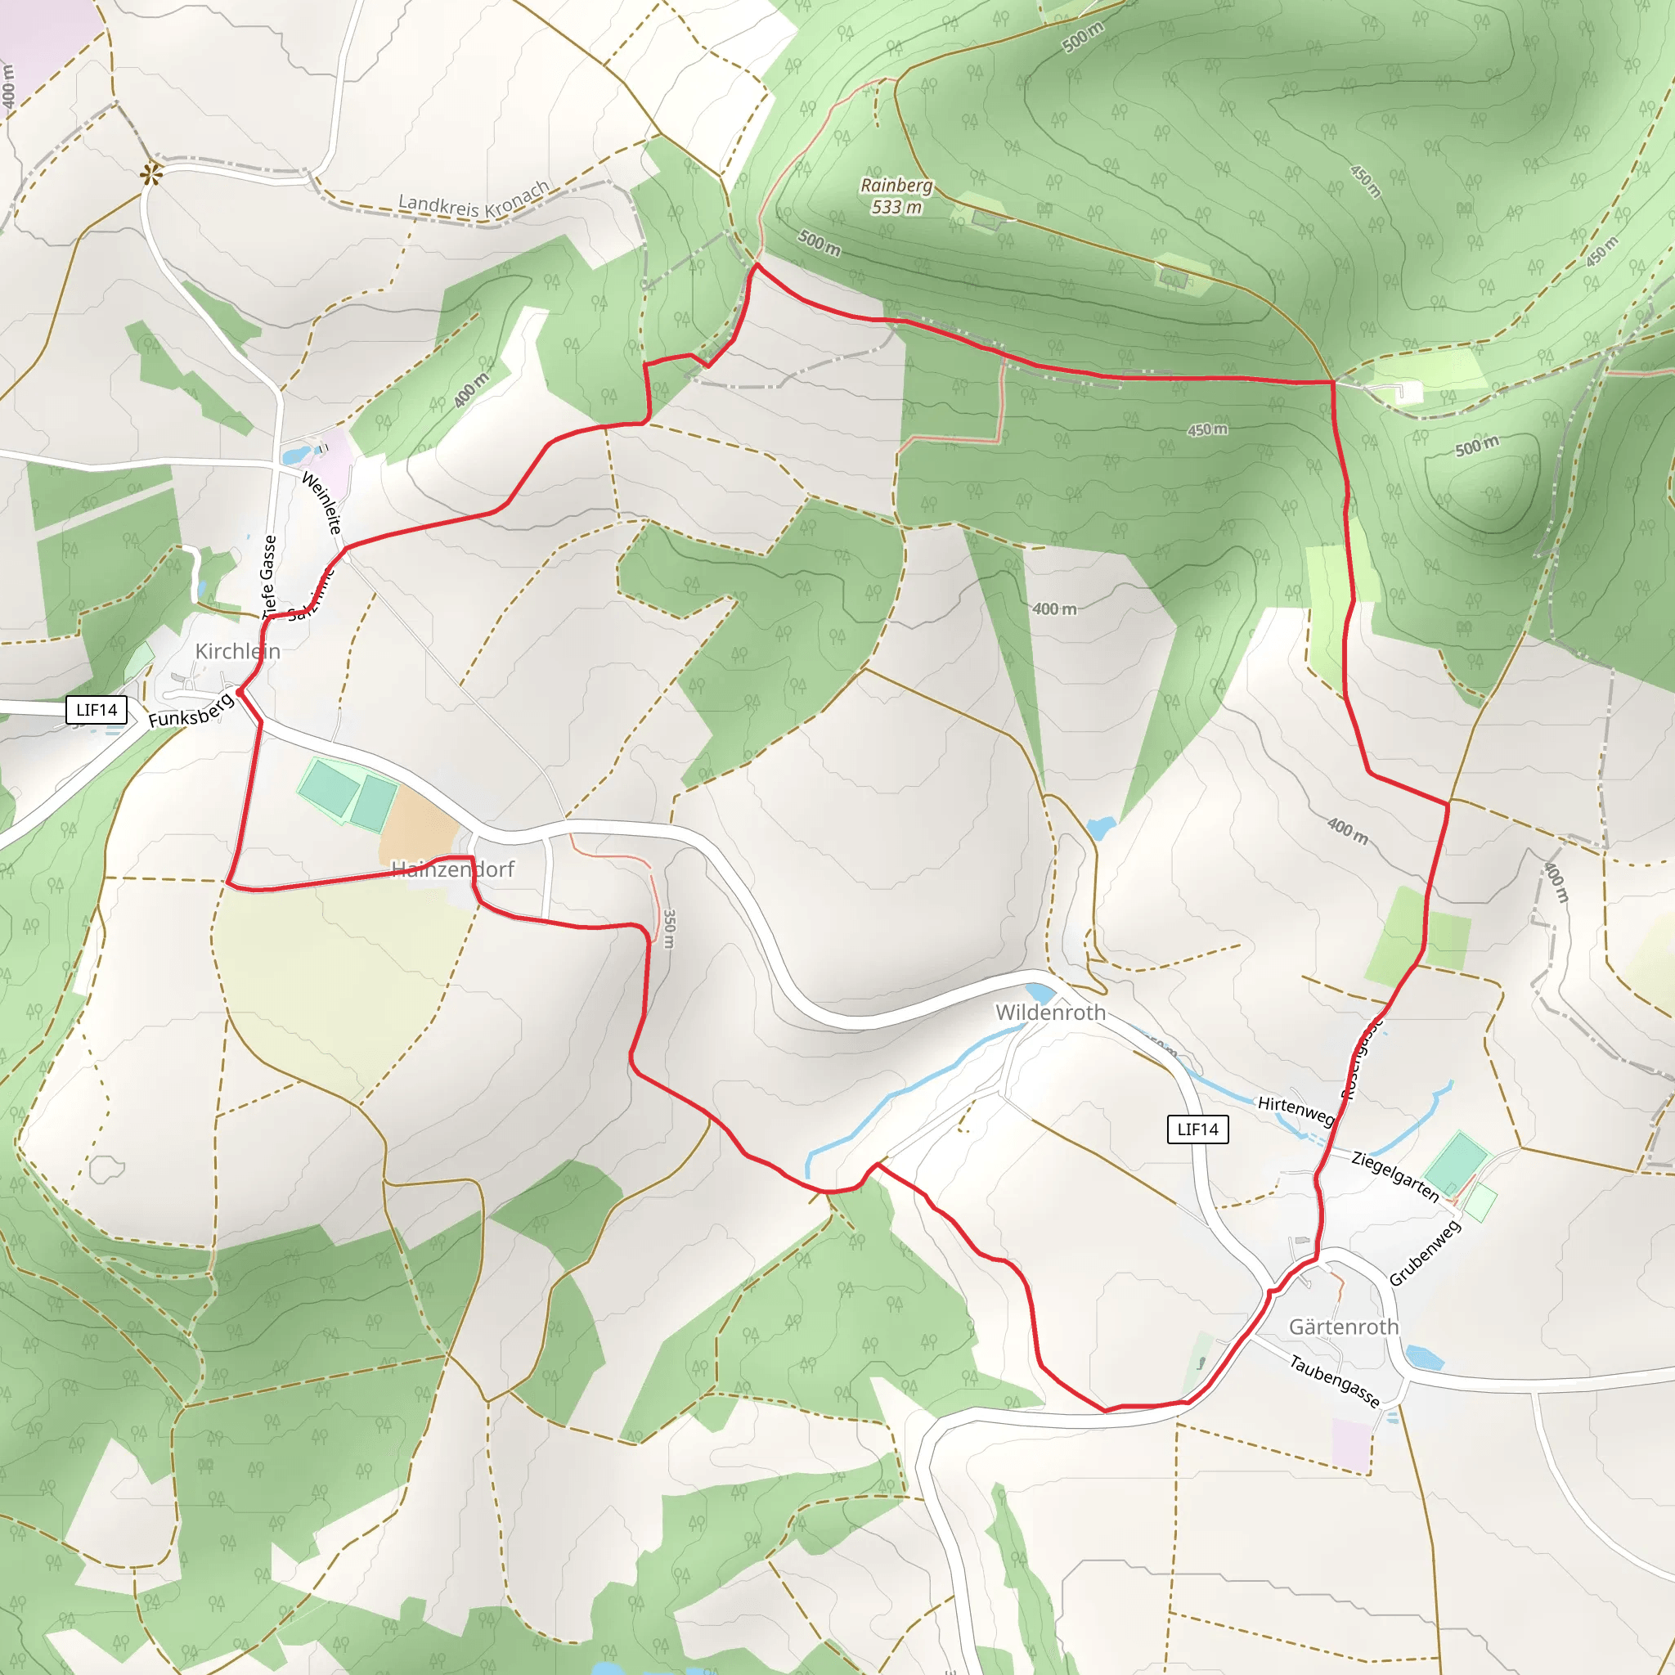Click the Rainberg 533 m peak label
[896, 196]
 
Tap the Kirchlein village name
[237, 651]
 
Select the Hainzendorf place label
[452, 869]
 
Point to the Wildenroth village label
[1050, 1013]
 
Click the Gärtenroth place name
[1343, 1327]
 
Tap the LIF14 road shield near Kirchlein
[97, 710]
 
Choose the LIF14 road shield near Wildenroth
[1197, 1129]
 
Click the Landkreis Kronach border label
[474, 200]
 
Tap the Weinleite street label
[321, 503]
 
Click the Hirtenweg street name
[1296, 1111]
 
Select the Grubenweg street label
[1425, 1254]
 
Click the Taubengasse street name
[1334, 1381]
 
